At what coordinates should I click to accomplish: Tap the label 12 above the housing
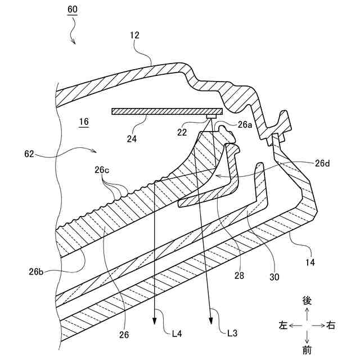[x=134, y=35]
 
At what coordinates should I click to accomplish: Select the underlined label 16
[x=84, y=121]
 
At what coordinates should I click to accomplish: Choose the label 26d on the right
[x=323, y=164]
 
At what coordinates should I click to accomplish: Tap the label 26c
[x=102, y=169]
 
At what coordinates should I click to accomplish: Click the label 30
[x=274, y=277]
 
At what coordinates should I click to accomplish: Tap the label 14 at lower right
[x=310, y=263]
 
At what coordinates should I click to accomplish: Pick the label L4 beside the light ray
[x=176, y=333]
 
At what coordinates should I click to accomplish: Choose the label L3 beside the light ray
[x=232, y=333]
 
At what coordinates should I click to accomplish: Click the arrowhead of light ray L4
[x=154, y=322]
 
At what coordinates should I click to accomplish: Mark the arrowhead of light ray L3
[x=211, y=322]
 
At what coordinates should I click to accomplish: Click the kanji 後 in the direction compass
[x=307, y=300]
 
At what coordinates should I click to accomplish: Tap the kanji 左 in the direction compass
[x=283, y=325]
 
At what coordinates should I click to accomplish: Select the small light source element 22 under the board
[x=211, y=116]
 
